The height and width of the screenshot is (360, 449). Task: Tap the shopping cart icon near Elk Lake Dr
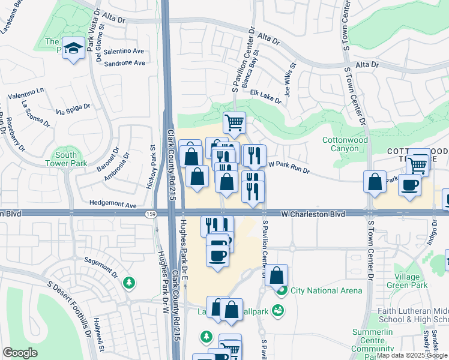[234, 122]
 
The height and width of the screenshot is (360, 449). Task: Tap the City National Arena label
[327, 291]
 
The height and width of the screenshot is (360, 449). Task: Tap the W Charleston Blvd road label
[314, 214]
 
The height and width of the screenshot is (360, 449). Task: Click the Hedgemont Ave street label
[112, 205]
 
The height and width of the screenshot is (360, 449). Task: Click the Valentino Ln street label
[26, 94]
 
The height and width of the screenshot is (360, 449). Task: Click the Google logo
[20, 353]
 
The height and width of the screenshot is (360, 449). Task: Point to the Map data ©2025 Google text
[412, 356]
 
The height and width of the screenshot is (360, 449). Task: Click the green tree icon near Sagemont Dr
[128, 282]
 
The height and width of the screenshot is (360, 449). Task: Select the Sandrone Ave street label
[125, 63]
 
